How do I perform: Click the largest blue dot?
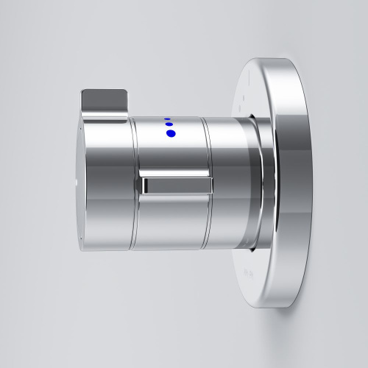171,133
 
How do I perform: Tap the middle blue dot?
169,124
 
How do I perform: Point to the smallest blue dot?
166,118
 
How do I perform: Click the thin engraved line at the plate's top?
248,76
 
